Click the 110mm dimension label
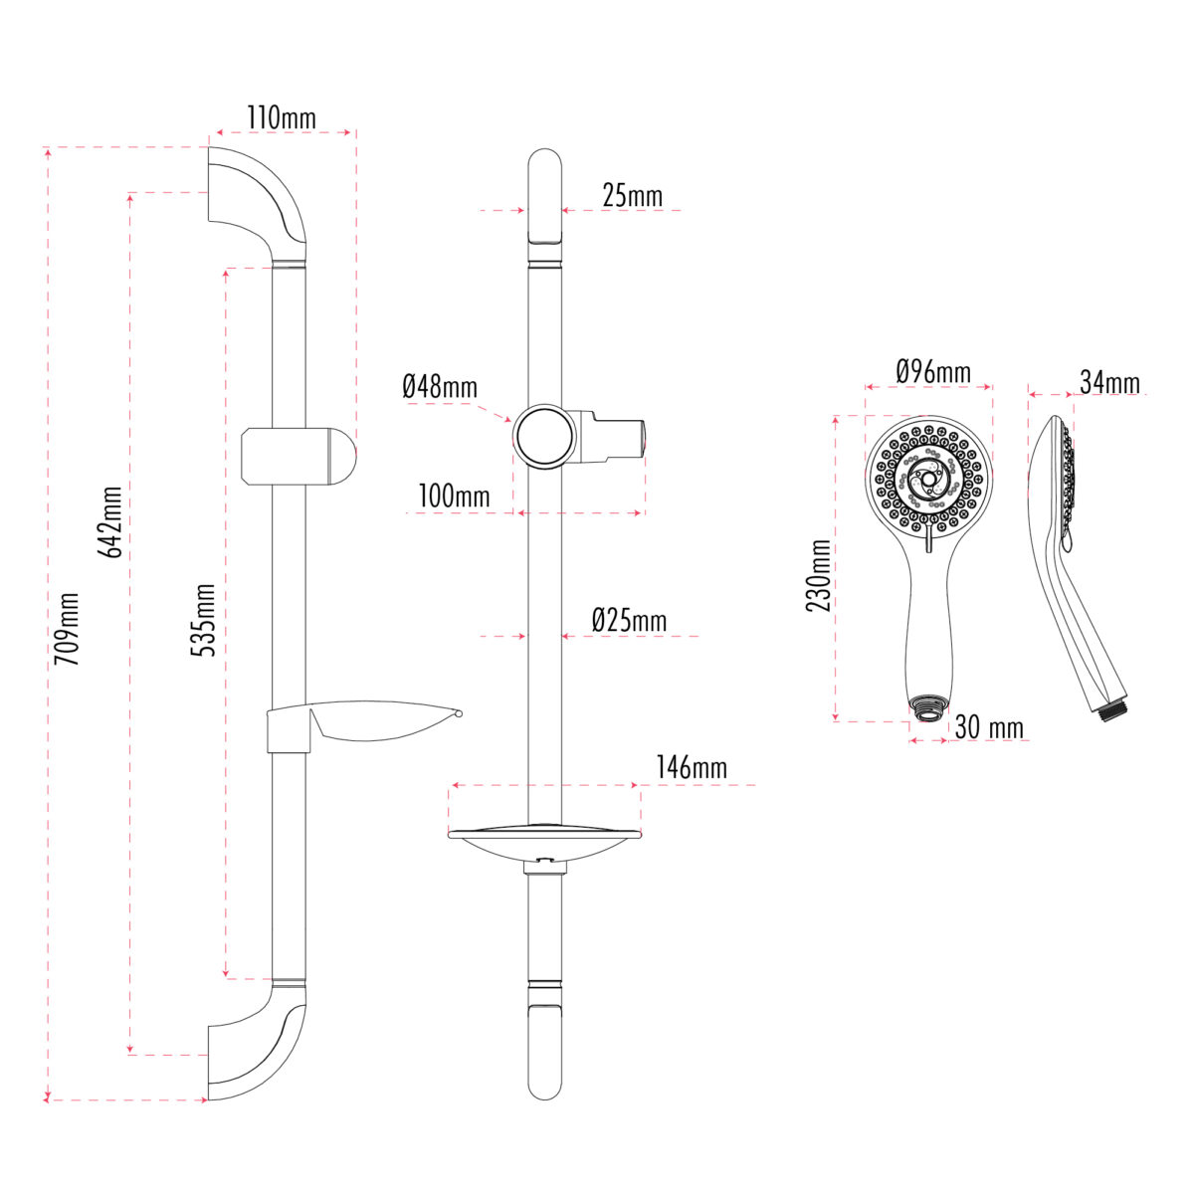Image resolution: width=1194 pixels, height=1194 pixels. coord(282,118)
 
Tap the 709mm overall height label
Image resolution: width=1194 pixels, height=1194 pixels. coord(67,629)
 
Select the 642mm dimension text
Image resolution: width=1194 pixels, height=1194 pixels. coord(111,521)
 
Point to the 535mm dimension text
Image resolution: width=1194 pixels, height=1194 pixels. coord(203,619)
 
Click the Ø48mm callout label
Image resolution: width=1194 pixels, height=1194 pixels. coord(440,386)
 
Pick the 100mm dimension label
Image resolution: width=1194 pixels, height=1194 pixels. coord(454,496)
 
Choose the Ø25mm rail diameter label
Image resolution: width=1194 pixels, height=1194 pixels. coord(629,621)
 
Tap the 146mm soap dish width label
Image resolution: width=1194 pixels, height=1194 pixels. coord(691,767)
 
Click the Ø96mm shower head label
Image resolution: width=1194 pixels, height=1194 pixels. coord(932,372)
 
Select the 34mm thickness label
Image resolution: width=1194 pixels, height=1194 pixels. coord(1109,382)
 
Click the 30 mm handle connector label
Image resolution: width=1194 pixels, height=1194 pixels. coord(988,727)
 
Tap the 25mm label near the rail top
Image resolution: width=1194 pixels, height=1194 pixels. coord(632,196)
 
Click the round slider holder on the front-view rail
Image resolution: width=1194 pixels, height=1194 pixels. coord(543,436)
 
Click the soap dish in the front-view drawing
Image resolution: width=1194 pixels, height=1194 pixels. coord(544,841)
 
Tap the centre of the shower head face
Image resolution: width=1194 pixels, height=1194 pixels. coord(928,481)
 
